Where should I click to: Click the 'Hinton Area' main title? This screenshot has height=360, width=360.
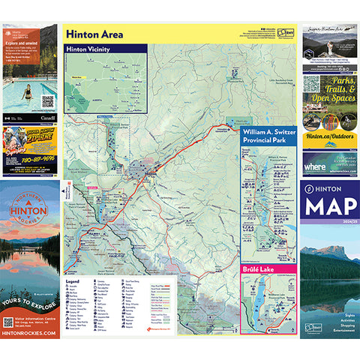click(95, 34)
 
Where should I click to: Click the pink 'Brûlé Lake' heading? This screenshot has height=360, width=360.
click(259, 268)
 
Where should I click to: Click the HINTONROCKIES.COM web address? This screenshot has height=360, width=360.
click(31, 333)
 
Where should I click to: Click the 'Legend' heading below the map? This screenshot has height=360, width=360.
click(73, 283)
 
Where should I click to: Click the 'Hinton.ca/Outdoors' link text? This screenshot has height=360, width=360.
click(330, 136)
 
